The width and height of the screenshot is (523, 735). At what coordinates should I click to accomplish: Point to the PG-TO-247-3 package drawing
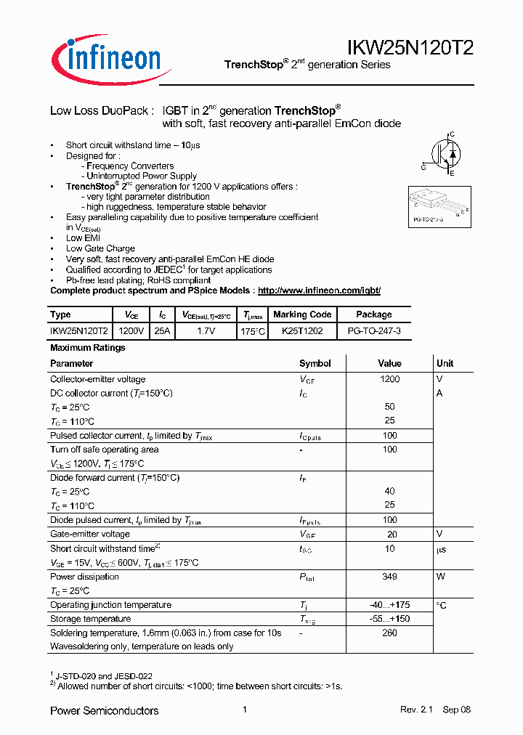click(437, 206)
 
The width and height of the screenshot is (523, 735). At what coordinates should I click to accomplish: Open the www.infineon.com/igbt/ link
click(319, 291)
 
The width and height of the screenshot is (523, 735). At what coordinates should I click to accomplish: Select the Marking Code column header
click(302, 314)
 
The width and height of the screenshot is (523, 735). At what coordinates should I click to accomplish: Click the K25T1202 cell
click(302, 330)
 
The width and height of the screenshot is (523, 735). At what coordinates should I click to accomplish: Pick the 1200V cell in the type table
click(131, 330)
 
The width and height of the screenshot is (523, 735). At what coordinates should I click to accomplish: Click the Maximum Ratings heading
click(87, 348)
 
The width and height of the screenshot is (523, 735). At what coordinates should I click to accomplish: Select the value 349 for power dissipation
click(389, 577)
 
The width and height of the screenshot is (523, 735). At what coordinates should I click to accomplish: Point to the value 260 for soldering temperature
click(389, 633)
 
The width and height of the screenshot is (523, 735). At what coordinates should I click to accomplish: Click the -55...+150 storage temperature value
click(389, 619)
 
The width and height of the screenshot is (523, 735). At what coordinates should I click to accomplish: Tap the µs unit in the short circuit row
click(442, 549)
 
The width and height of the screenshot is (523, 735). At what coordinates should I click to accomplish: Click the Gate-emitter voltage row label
click(90, 535)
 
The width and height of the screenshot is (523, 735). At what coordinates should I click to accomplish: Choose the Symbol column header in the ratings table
click(315, 363)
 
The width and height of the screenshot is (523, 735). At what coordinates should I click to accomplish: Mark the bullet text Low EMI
click(83, 238)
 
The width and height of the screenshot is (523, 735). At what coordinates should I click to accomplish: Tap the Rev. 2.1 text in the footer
click(415, 710)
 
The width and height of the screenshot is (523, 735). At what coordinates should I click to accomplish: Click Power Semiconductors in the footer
click(104, 710)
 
